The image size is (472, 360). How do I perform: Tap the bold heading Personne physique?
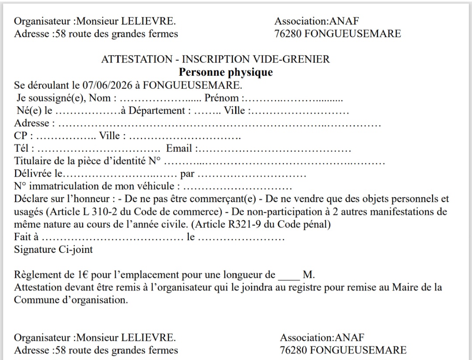click(226, 72)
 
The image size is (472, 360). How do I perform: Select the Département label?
click(156, 111)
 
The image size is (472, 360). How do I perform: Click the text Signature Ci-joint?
click(53, 250)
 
